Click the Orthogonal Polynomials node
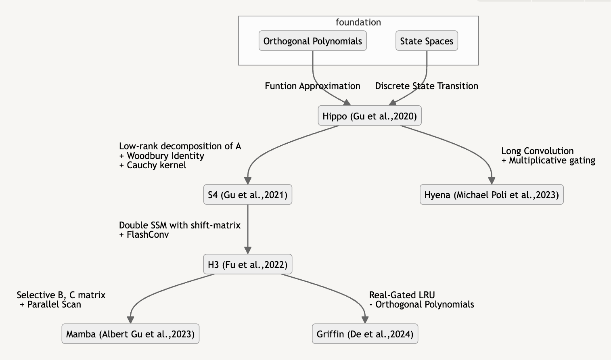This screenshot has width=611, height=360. click(312, 41)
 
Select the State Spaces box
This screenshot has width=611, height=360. click(427, 41)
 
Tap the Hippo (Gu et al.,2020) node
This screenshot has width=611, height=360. click(369, 116)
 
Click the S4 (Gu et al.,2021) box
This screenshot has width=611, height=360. click(247, 195)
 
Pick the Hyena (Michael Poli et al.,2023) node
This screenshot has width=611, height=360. click(491, 195)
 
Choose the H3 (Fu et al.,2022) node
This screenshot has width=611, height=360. click(247, 265)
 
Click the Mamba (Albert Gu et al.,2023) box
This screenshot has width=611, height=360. click(130, 334)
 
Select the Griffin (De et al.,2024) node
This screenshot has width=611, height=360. click(365, 334)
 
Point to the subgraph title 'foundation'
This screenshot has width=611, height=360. click(358, 22)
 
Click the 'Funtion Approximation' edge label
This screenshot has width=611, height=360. click(312, 86)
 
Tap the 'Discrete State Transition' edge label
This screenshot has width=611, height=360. click(427, 86)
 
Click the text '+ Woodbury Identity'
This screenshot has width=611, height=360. click(161, 156)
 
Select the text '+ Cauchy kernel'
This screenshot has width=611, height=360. click(153, 165)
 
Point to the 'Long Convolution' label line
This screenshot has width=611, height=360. click(537, 151)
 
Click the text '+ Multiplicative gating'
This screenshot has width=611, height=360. click(548, 160)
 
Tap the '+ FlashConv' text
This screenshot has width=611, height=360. click(144, 234)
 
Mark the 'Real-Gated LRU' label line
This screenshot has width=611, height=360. click(402, 295)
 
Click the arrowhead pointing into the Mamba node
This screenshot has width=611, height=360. click(130, 320)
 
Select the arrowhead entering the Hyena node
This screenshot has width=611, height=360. click(491, 180)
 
